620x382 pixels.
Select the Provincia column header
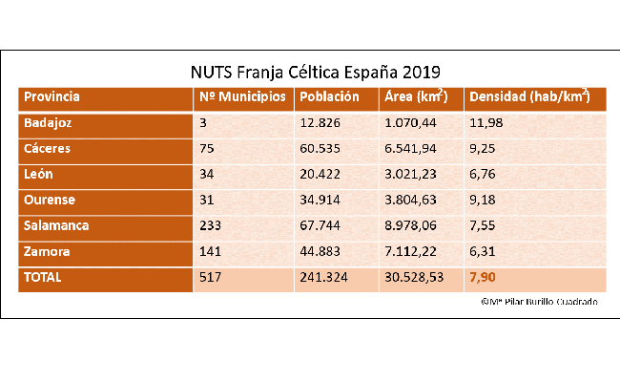(x=52, y=97)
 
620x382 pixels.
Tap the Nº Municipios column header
(x=242, y=97)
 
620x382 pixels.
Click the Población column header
(x=329, y=97)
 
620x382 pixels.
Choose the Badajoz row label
(x=49, y=123)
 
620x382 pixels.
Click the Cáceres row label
(x=48, y=149)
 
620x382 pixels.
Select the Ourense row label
(x=50, y=201)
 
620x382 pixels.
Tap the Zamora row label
(x=48, y=252)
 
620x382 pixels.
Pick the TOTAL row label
(x=44, y=278)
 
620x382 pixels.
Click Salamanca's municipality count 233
(x=211, y=226)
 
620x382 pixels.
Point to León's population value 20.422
(x=320, y=175)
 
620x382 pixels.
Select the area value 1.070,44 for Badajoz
(x=409, y=123)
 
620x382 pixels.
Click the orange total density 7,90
(x=482, y=278)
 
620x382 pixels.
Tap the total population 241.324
(x=322, y=278)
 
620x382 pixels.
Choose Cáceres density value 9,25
(x=481, y=149)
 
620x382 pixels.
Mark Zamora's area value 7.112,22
(x=409, y=252)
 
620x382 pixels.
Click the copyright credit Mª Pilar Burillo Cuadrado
(x=540, y=302)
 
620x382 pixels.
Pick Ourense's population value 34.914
(x=320, y=201)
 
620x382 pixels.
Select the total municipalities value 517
(x=211, y=278)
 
